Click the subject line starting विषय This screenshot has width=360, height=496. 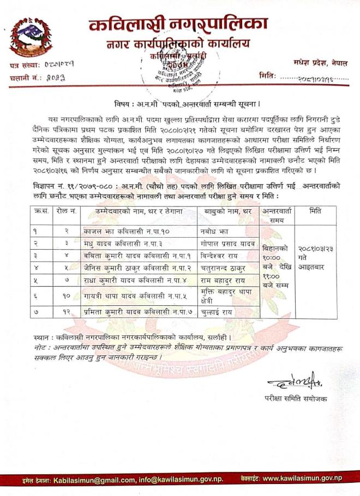point(180,103)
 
